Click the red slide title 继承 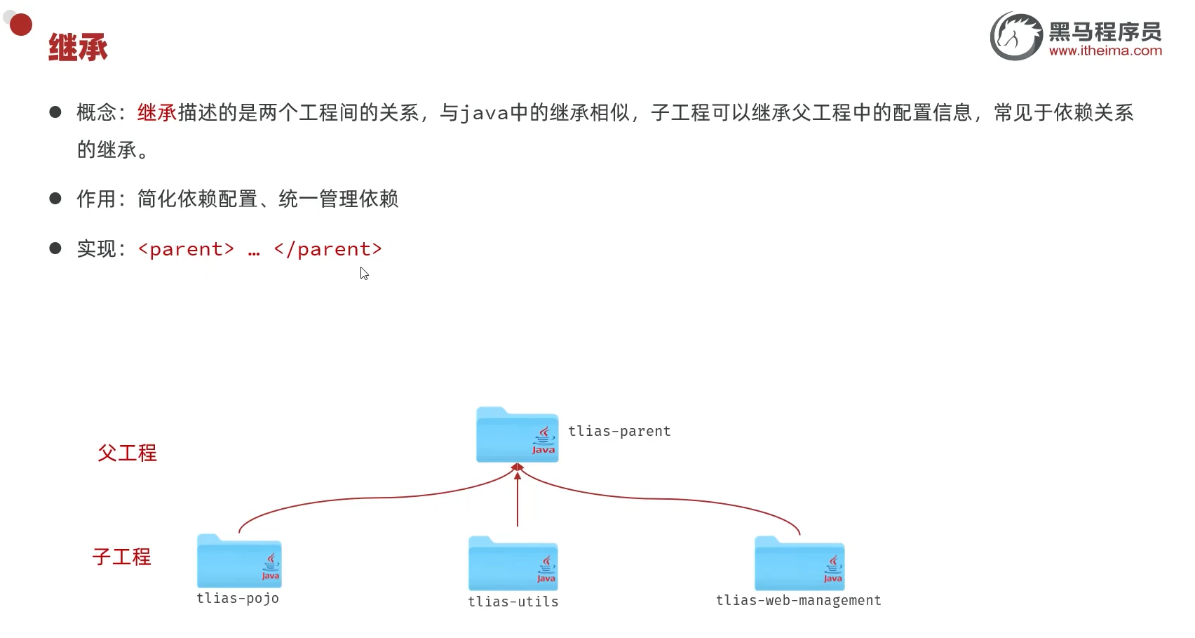coord(78,48)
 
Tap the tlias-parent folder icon coord(517,435)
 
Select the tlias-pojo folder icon coord(239,561)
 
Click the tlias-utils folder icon coord(513,564)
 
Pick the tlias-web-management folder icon coord(799,564)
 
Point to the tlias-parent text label coord(619,431)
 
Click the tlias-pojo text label coord(238,598)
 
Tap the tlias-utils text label coord(513,602)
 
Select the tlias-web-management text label coord(798,600)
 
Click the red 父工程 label coord(127,453)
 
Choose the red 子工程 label coord(121,557)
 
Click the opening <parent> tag coord(186,249)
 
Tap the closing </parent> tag coord(328,249)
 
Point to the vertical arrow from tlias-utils coord(518,502)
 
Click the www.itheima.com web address coord(1105,51)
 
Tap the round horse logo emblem coord(1015,36)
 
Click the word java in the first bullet coord(484,113)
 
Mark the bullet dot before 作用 coord(55,199)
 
